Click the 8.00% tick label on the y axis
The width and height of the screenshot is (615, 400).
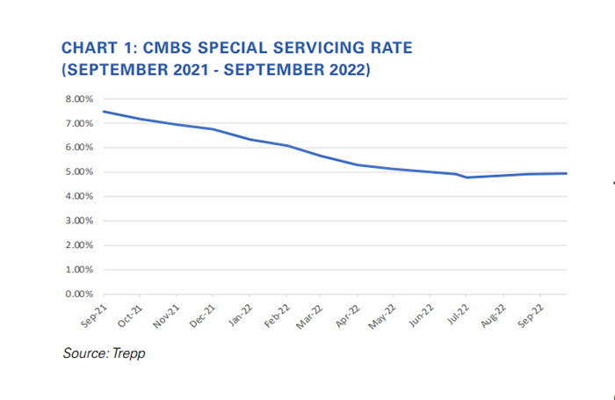[x=80, y=99]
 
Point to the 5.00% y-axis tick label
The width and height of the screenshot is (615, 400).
[x=80, y=172]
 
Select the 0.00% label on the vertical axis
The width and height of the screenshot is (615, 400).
[x=80, y=294]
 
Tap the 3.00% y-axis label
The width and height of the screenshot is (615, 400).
[x=80, y=221]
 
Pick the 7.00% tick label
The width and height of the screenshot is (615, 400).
[x=80, y=124]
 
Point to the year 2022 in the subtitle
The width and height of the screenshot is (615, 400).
[x=346, y=69]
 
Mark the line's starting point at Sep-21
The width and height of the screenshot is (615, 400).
[x=104, y=112]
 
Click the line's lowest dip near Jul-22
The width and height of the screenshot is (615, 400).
[x=467, y=178]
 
